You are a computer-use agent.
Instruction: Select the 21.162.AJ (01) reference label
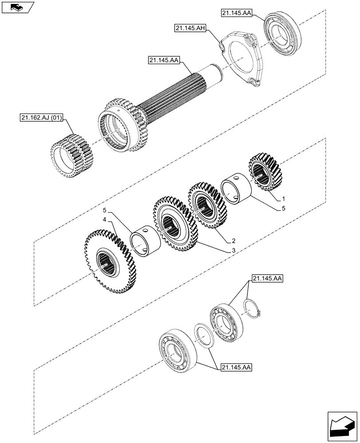coord(42,118)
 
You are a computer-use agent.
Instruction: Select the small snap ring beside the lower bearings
coord(253,307)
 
